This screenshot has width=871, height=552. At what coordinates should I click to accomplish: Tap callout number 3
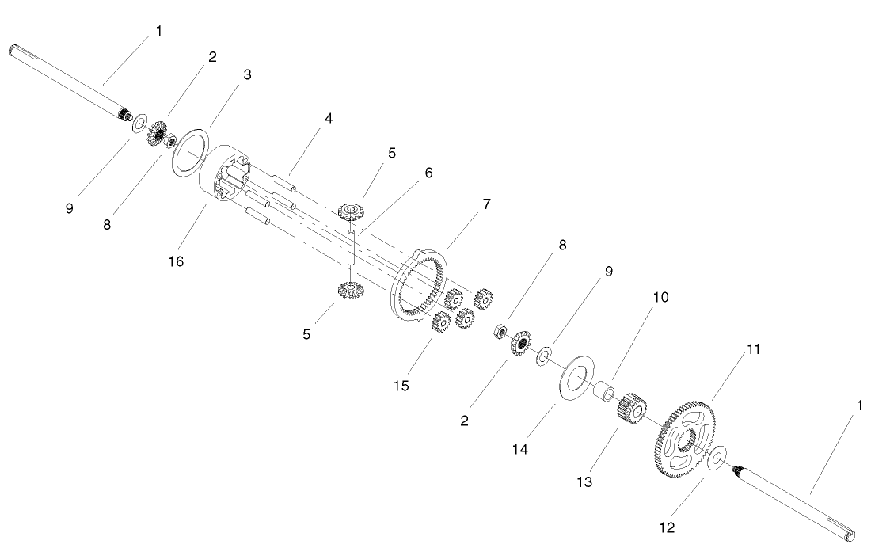[248, 74]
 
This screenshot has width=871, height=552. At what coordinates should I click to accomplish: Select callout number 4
[328, 119]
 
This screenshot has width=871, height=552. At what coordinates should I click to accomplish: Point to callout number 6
[428, 173]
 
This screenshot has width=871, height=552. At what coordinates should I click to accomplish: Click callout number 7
[486, 204]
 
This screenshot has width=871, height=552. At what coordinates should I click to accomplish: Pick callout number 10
[660, 298]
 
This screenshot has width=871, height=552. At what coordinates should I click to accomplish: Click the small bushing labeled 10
[606, 390]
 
